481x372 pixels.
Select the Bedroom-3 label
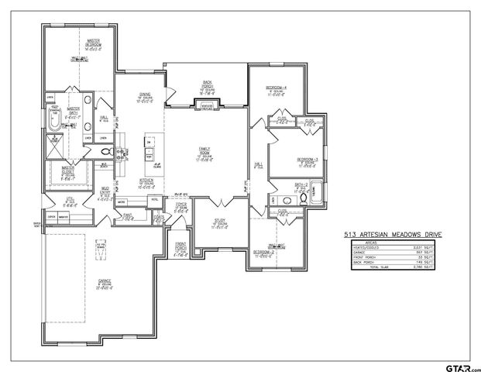click(307, 162)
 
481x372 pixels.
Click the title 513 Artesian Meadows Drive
click(388, 232)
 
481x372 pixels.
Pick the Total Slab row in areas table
click(388, 267)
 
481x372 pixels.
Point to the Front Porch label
click(181, 252)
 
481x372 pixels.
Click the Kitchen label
click(146, 181)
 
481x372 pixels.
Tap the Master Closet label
click(68, 170)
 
